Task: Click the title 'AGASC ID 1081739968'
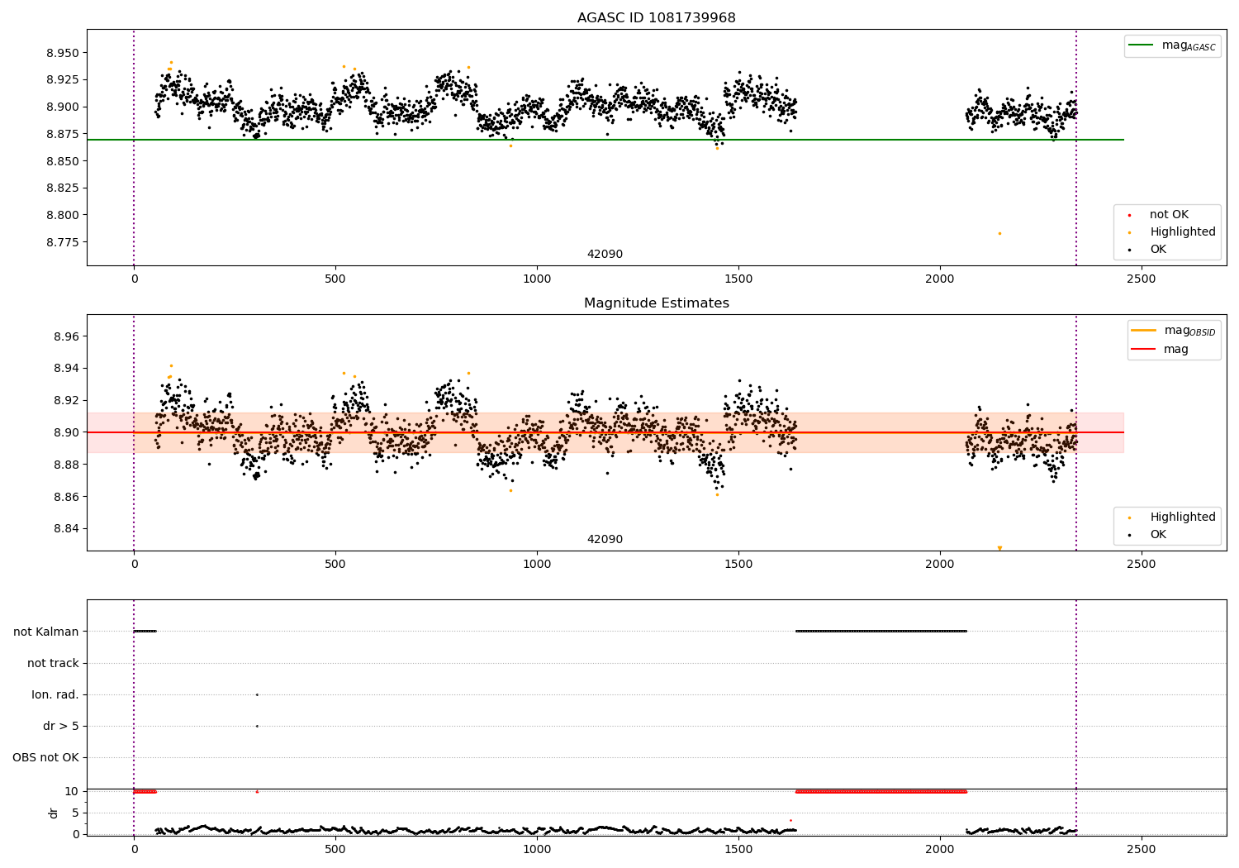[656, 18]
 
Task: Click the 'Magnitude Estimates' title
[656, 303]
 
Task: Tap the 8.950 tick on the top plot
[64, 53]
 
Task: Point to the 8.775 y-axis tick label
[64, 242]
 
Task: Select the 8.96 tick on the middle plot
[66, 336]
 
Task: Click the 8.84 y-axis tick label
[66, 529]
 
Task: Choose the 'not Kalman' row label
[46, 632]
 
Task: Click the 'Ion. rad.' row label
[55, 694]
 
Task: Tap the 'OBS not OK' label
[45, 757]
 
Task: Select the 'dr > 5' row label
[61, 726]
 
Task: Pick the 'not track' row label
[53, 663]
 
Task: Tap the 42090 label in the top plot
[605, 255]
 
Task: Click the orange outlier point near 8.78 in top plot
[999, 234]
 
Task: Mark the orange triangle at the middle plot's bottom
[999, 548]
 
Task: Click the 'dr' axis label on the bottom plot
[54, 813]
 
